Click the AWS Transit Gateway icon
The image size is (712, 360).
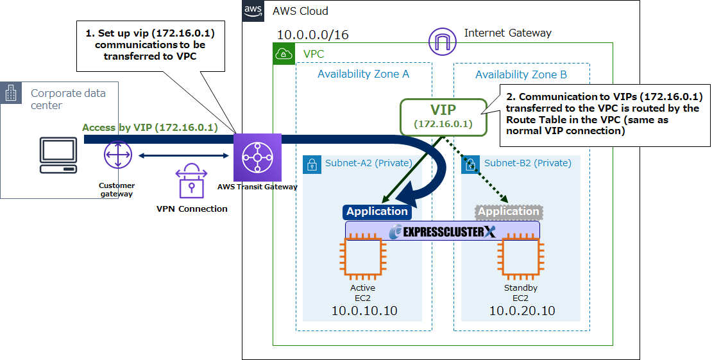click(258, 157)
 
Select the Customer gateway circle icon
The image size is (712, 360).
click(117, 156)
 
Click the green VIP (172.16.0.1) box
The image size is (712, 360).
click(443, 117)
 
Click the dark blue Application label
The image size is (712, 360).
click(377, 211)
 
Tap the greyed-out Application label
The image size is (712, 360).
click(509, 211)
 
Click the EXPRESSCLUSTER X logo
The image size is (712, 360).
click(443, 231)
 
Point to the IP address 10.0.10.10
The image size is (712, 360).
click(364, 311)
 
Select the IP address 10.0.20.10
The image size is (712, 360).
click(522, 311)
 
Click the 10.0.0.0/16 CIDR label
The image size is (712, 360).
click(312, 35)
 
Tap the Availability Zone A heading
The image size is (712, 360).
click(363, 74)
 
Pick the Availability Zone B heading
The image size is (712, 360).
click(521, 75)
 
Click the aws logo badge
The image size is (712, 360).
click(253, 11)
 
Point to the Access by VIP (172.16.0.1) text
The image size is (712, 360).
click(150, 128)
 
